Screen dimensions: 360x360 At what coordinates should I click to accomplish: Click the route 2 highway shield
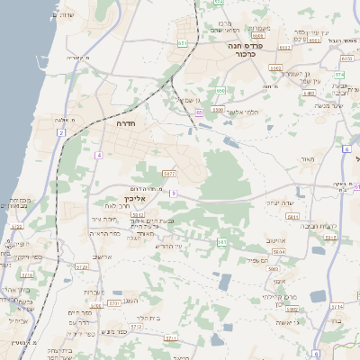(61, 132)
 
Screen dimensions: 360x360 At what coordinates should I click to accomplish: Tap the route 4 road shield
(97, 155)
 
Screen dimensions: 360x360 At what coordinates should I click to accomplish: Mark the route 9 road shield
(174, 193)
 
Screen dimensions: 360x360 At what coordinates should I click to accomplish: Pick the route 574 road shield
(339, 75)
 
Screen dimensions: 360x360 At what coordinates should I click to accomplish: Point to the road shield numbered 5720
(82, 267)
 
